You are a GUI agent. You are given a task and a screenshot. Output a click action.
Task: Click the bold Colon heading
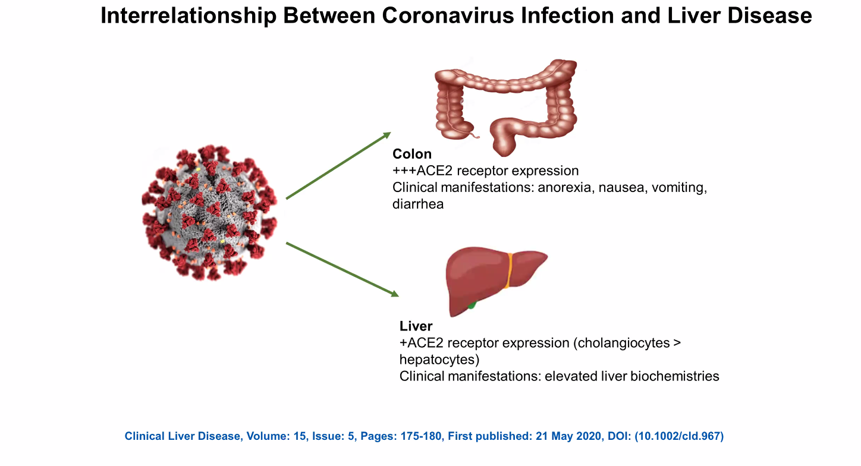tap(412, 155)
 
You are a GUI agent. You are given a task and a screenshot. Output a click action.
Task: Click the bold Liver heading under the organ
tap(416, 326)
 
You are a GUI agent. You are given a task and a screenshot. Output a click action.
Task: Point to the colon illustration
tap(505, 101)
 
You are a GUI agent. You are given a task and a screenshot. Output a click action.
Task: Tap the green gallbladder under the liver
tap(472, 306)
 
